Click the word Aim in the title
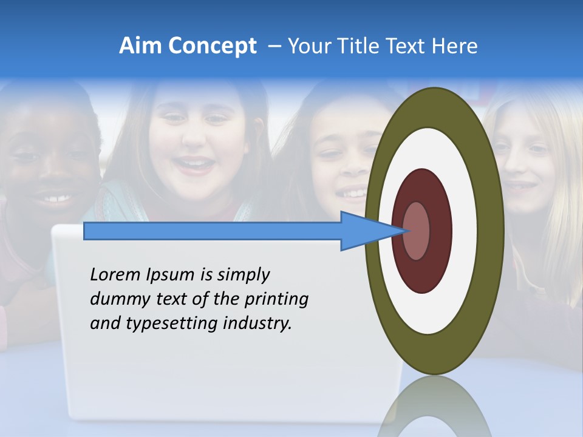(141, 46)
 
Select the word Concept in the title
(213, 46)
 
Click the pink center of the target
(416, 231)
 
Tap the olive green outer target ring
(492, 231)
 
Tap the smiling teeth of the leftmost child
(54, 197)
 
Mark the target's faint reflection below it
(434, 407)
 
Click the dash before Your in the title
(274, 46)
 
